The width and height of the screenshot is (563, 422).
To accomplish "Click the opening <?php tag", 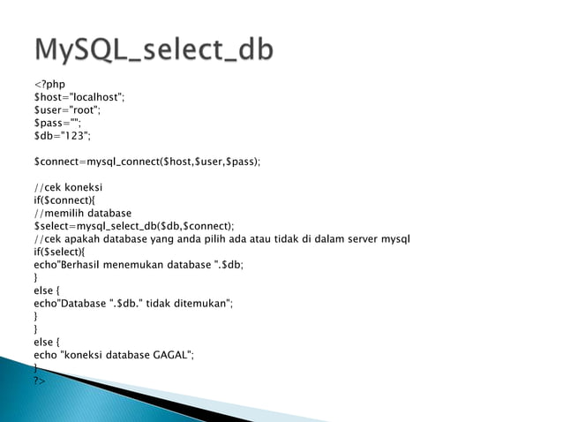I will click(x=49, y=84).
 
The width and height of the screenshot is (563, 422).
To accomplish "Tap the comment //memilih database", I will click(x=82, y=214).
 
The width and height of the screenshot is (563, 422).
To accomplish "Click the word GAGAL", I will click(x=171, y=354).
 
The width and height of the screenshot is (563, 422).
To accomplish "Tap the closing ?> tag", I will click(x=39, y=380).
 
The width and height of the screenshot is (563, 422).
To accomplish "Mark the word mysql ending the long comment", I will click(x=394, y=239).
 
